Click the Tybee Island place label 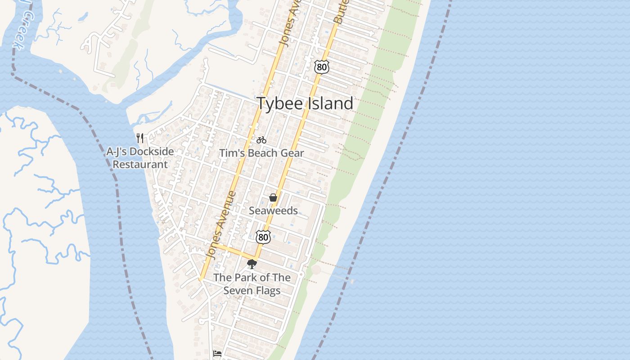click(x=305, y=103)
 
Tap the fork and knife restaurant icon click(x=140, y=138)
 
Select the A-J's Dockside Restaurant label click(x=140, y=158)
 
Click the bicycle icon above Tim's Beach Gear click(x=261, y=140)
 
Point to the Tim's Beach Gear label click(x=261, y=153)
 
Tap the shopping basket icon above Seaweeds click(x=273, y=198)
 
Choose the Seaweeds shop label click(x=273, y=211)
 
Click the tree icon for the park click(x=252, y=264)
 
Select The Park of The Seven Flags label click(x=252, y=284)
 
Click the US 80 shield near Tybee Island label click(x=322, y=67)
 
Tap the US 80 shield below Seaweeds click(x=264, y=237)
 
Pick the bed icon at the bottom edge click(x=217, y=354)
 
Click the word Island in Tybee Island click(x=330, y=103)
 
